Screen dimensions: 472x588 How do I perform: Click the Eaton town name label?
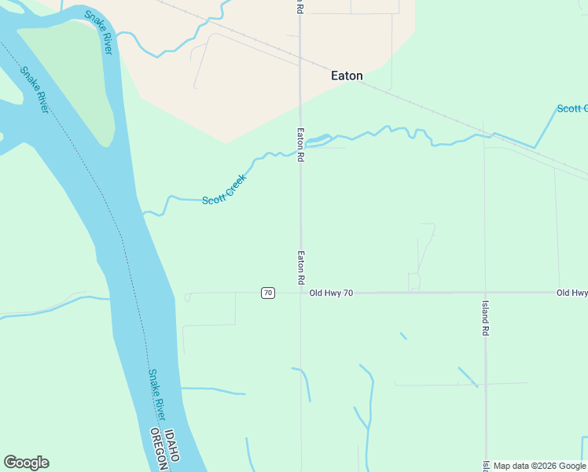[x=347, y=76]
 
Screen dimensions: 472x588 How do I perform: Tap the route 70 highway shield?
[x=268, y=293]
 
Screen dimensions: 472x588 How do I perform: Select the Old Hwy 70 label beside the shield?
[x=331, y=293]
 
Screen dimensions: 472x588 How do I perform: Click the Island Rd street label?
[x=485, y=318]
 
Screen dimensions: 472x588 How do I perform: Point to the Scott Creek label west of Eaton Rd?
[x=224, y=190]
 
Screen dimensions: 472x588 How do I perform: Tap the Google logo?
[x=26, y=463]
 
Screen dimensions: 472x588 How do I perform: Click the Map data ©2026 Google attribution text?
[x=539, y=466]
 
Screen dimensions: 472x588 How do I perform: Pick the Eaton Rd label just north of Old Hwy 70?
[x=300, y=267]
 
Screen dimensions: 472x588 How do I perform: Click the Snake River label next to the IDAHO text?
[x=157, y=396]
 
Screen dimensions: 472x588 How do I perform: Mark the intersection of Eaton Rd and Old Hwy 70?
[x=300, y=293]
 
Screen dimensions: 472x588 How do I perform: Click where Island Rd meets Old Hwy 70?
[x=485, y=293]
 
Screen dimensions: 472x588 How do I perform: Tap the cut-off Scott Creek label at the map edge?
[x=571, y=109]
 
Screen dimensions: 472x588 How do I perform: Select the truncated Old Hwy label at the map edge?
[x=571, y=293]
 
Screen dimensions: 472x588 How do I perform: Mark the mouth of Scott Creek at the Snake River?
[x=142, y=212]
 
